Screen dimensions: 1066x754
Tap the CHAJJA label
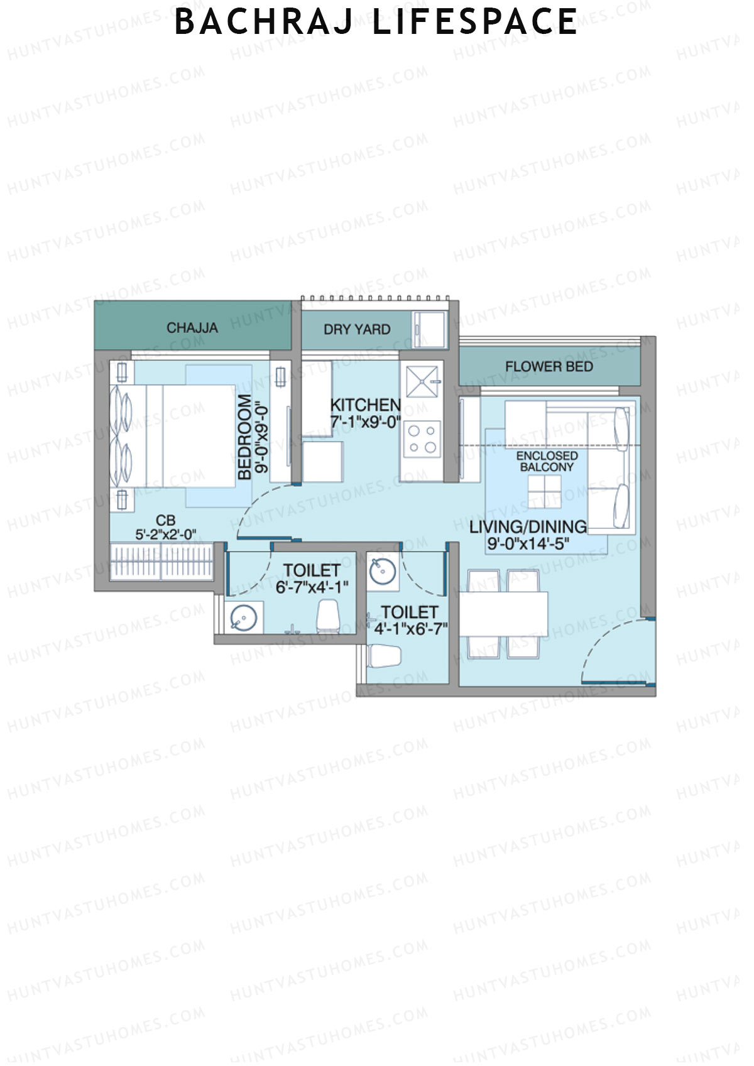[192, 328]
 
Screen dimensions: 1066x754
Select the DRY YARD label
[357, 329]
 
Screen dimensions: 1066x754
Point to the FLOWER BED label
[549, 367]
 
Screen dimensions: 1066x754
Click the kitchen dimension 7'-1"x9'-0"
[366, 422]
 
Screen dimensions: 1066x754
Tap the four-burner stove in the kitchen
[422, 439]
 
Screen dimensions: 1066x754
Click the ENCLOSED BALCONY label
[547, 461]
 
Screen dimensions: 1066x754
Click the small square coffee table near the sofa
[544, 491]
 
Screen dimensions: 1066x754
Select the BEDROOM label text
[244, 437]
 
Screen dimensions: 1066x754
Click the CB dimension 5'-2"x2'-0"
[166, 535]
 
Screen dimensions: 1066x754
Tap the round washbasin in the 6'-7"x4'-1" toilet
[245, 618]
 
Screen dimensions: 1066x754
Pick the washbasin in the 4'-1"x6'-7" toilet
[382, 572]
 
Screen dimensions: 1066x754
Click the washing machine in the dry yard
[429, 329]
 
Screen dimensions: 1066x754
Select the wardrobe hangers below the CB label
[162, 561]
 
